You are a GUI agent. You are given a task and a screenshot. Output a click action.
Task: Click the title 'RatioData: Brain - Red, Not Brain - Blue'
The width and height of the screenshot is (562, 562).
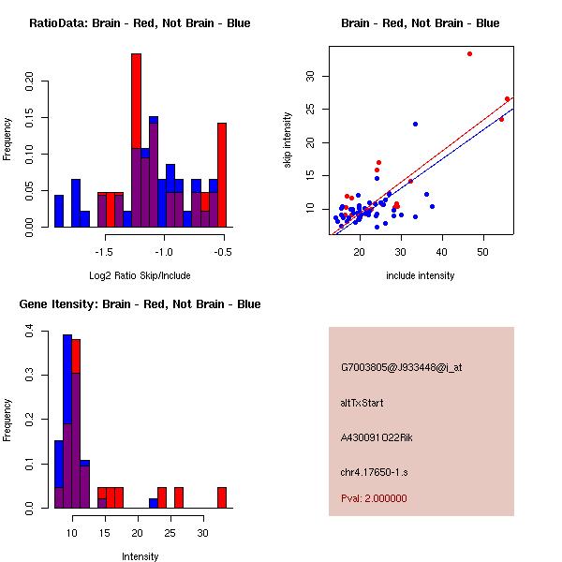140,23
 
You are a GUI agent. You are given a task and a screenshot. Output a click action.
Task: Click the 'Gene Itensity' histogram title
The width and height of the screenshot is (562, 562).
140,304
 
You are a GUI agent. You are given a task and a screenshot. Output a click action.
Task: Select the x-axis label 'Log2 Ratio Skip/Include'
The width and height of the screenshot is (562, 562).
139,275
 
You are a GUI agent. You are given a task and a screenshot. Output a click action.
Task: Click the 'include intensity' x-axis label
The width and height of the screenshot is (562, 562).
420,275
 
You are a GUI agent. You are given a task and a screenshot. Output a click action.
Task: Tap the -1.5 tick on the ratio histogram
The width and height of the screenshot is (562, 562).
105,251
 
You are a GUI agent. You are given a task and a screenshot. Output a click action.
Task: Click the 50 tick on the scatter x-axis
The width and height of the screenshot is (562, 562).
482,251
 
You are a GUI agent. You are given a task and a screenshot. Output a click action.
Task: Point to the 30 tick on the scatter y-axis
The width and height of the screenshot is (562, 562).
311,76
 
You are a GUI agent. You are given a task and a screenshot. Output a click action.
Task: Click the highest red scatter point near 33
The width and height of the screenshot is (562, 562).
469,53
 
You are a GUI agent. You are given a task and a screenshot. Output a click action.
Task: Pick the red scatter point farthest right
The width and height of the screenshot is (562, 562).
507,98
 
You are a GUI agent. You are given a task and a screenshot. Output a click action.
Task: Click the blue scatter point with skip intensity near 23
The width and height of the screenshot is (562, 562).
415,124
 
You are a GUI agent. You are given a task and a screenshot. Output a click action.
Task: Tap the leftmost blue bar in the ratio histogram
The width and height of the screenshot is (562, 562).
59,211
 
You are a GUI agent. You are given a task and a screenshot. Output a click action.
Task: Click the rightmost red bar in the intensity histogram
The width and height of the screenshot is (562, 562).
222,497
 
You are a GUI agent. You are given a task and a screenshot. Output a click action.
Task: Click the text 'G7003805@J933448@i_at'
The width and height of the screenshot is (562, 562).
401,368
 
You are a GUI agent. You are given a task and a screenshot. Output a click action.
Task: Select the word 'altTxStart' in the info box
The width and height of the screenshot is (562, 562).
362,403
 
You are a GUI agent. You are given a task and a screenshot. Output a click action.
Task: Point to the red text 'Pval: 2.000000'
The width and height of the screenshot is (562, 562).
374,498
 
